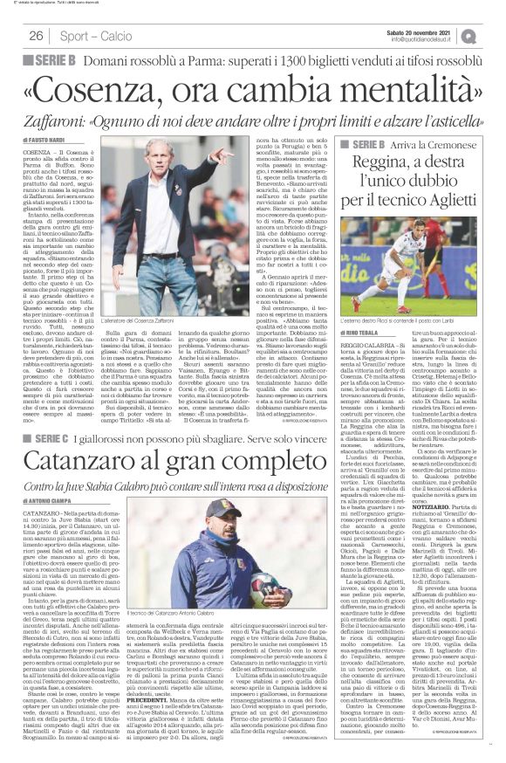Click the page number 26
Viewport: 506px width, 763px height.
37,36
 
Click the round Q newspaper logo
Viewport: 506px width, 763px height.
494,35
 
